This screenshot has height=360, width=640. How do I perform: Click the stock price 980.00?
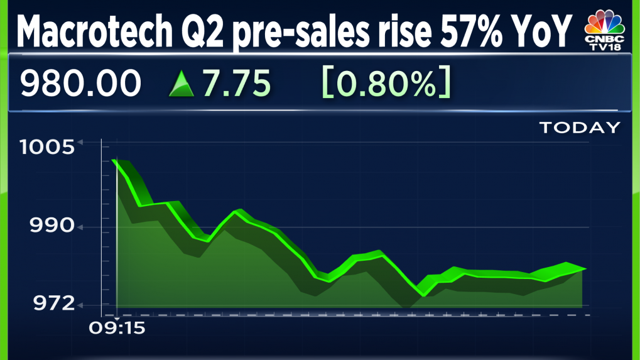[80, 84]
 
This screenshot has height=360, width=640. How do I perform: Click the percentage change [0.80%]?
[386, 84]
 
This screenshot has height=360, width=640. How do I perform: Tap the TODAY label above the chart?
[579, 128]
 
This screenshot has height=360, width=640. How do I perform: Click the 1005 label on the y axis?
[46, 148]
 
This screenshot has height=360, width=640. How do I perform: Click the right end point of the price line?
[585, 268]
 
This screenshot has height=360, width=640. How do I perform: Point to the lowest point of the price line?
[424, 295]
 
